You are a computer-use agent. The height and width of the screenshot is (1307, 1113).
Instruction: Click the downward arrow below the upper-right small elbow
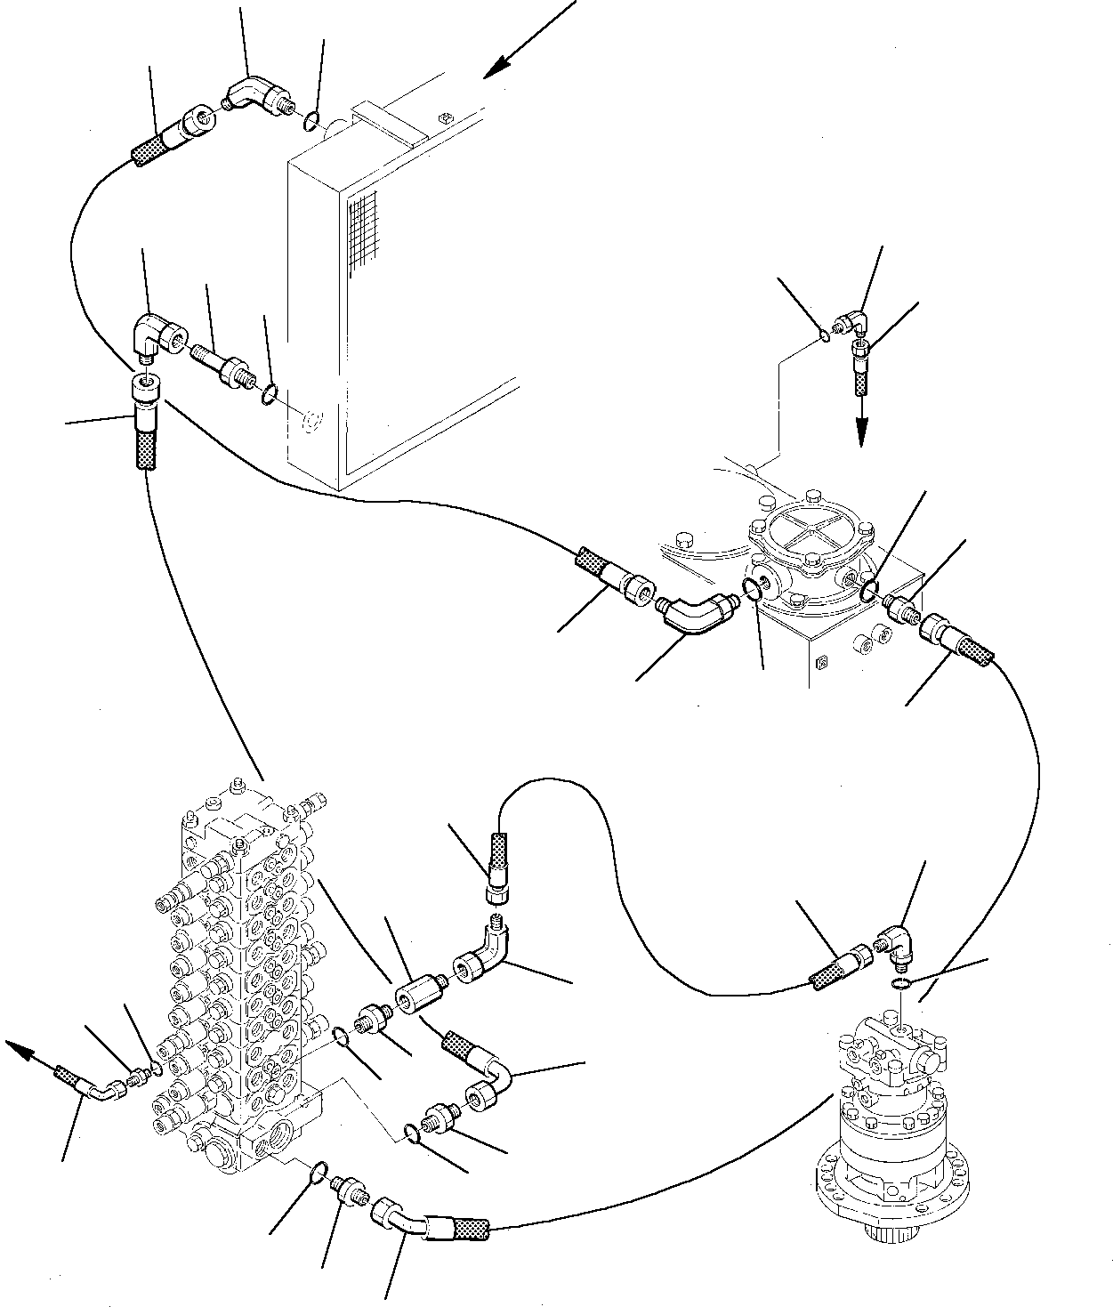tap(861, 431)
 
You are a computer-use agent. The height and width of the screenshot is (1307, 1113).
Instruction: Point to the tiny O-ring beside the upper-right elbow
tap(827, 335)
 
